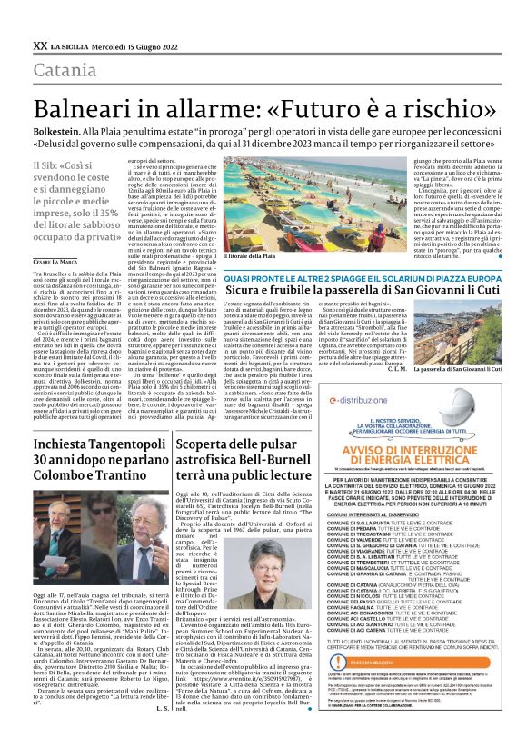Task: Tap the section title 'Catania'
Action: (65, 71)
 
